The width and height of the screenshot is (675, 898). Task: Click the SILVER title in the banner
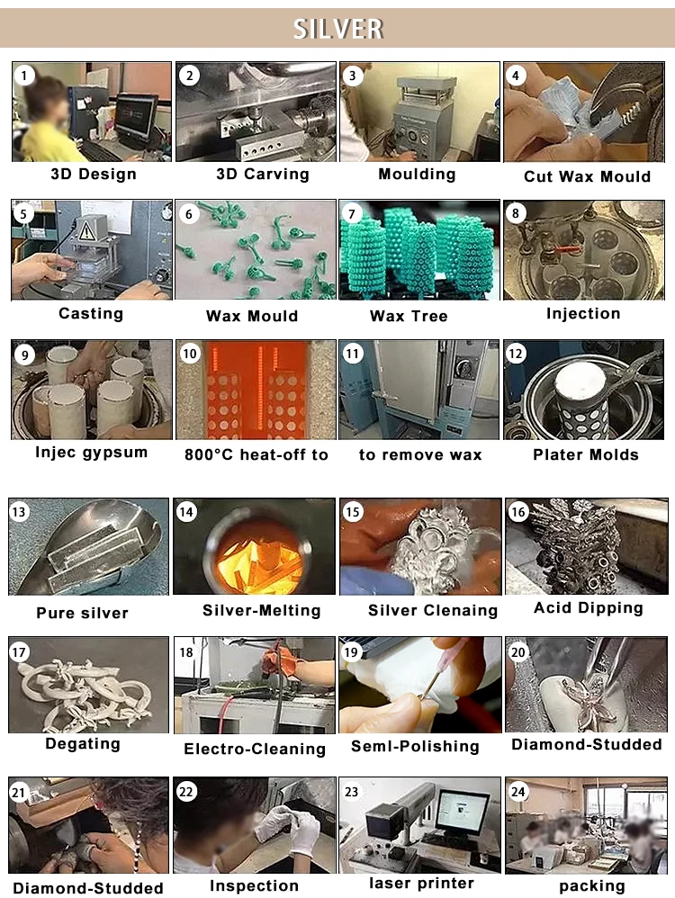click(x=338, y=29)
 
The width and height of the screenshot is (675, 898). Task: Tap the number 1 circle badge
click(x=24, y=75)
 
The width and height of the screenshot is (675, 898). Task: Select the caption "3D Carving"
click(x=263, y=174)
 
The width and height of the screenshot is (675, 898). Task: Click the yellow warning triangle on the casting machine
click(x=86, y=231)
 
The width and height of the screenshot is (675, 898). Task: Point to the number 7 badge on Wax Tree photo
click(x=352, y=214)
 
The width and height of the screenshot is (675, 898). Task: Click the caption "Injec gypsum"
click(x=91, y=453)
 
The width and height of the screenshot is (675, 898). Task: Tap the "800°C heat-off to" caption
click(x=256, y=454)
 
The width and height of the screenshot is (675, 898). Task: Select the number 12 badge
click(x=516, y=354)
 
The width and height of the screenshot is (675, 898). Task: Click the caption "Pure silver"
click(x=83, y=613)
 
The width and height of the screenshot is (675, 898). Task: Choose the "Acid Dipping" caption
click(x=589, y=608)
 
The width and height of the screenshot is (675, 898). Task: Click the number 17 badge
click(x=19, y=651)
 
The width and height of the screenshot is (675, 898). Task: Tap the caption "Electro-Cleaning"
click(x=255, y=749)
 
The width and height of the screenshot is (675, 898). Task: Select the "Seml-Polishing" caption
click(x=415, y=746)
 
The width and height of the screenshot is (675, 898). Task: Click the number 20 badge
click(x=518, y=651)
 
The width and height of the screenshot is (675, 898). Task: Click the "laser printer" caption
click(x=421, y=883)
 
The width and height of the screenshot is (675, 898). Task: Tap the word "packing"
click(x=592, y=886)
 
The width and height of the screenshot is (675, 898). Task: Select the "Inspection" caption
click(x=254, y=886)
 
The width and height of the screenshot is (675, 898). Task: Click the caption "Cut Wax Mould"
click(x=588, y=176)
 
